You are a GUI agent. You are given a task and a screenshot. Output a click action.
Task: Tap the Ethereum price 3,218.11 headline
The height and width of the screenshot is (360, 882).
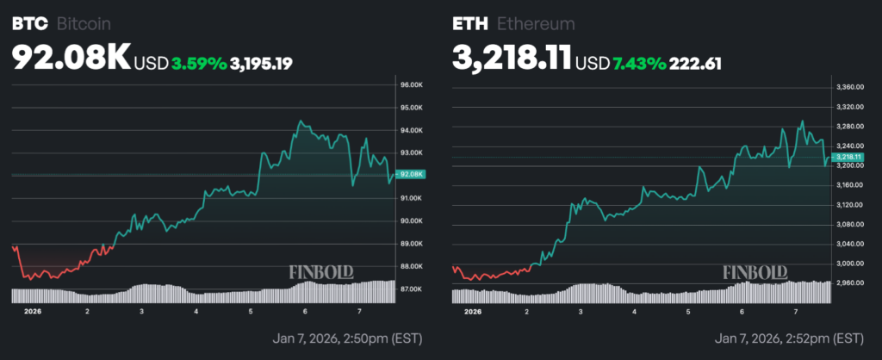512,59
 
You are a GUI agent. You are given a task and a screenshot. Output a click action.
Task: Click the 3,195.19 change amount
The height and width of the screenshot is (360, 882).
262,62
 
